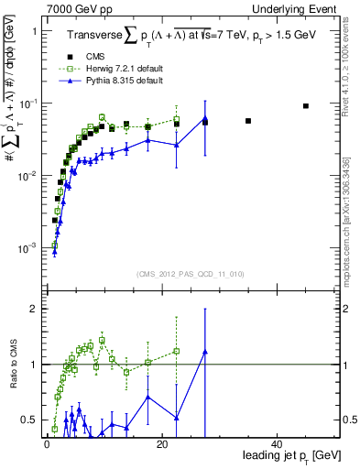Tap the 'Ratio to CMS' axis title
[13, 365]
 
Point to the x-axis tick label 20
[161, 443]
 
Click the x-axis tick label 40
[277, 443]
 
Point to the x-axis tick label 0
[46, 443]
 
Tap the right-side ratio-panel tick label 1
[345, 365]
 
